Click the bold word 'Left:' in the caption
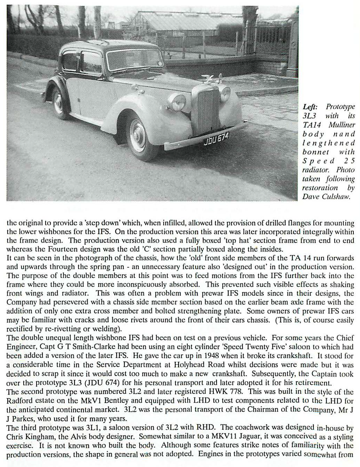pos(310,107)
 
